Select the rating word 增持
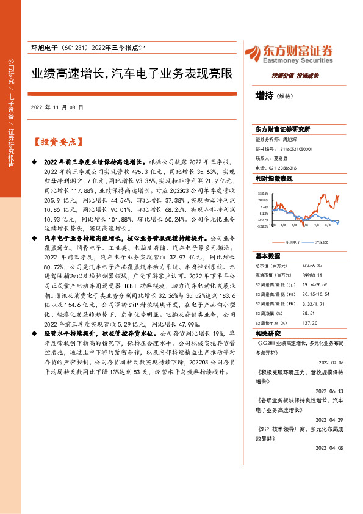pyautogui.click(x=264, y=95)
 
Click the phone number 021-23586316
pyautogui.click(x=284, y=168)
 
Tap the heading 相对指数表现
pyautogui.click(x=274, y=179)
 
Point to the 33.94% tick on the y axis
pyautogui.click(x=263, y=193)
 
